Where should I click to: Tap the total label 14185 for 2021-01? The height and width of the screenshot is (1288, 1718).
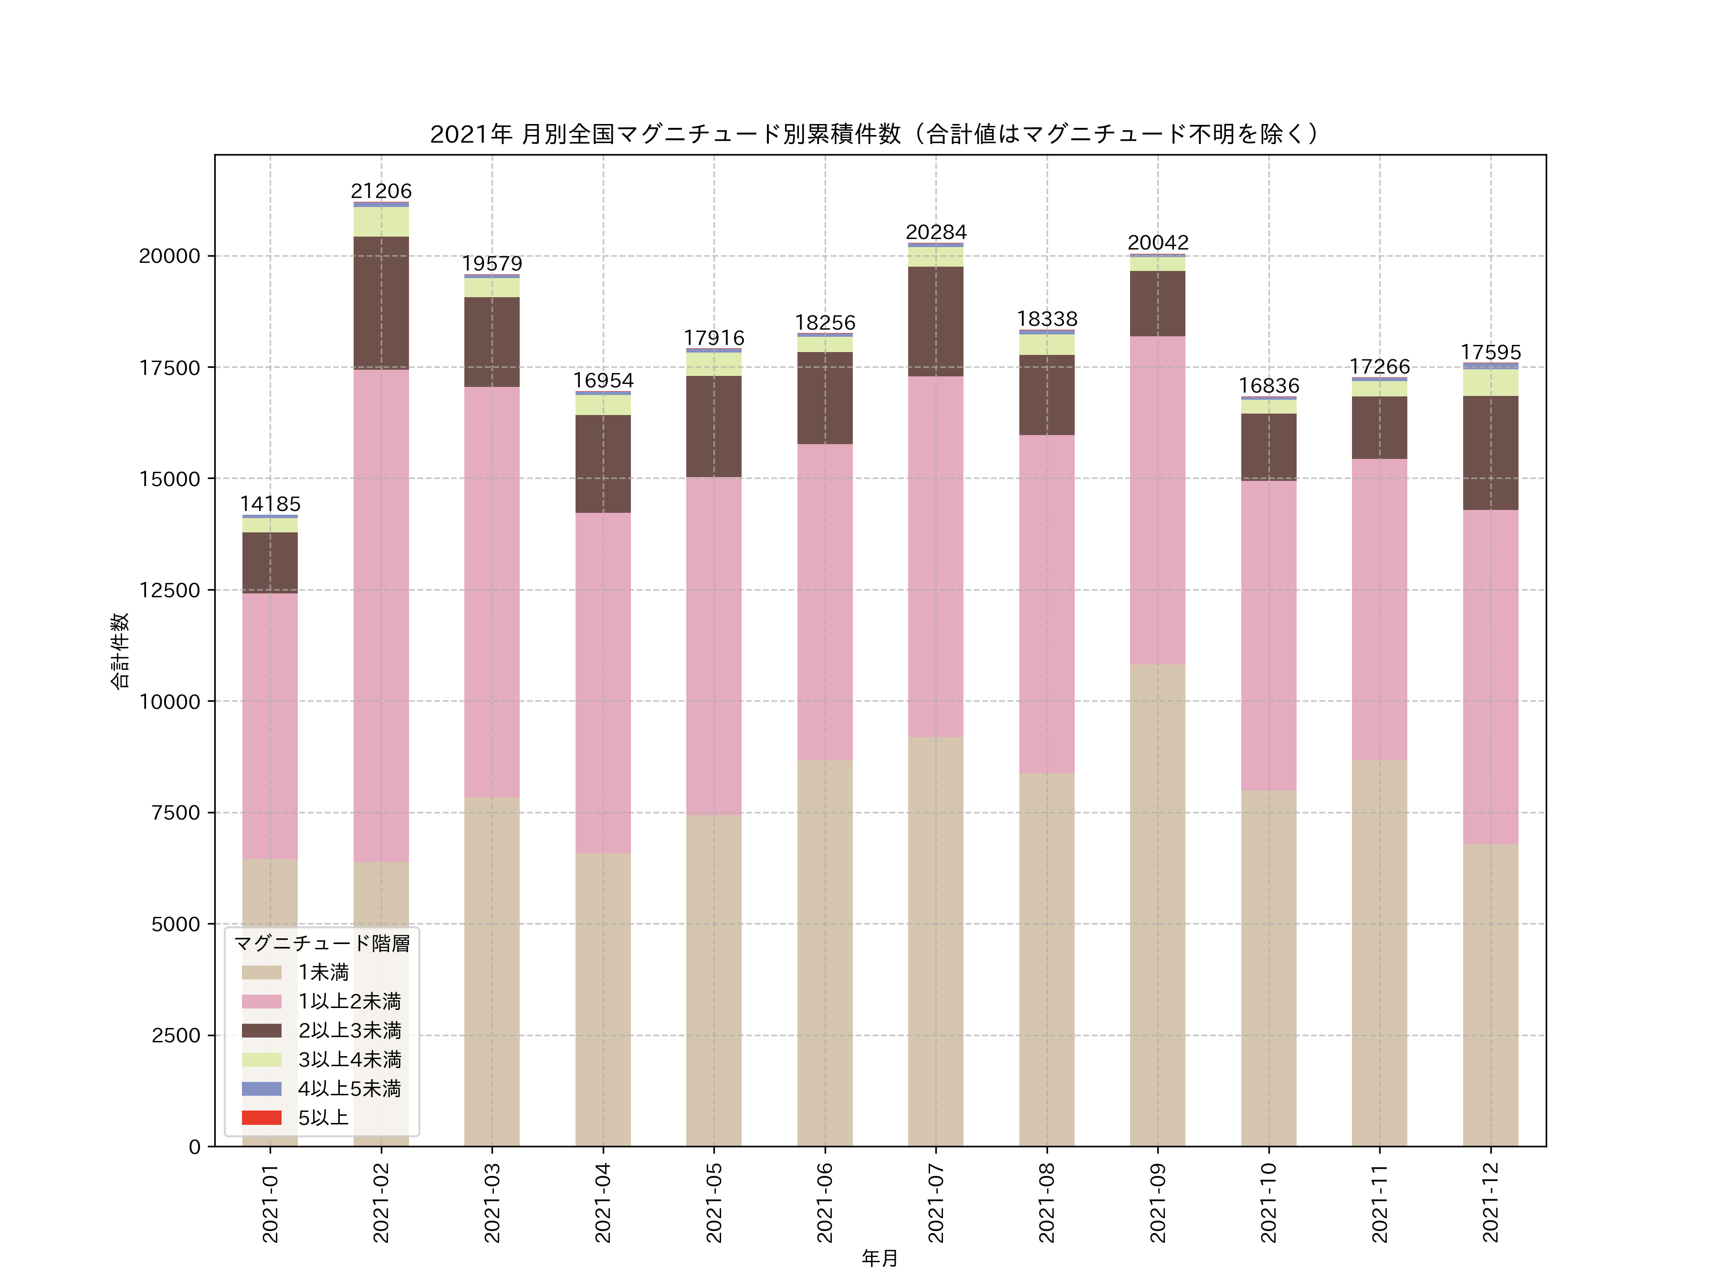[x=270, y=504]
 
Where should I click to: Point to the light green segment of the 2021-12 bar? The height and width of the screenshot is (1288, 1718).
[x=1490, y=383]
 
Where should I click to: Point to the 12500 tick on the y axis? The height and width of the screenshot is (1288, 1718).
[x=169, y=590]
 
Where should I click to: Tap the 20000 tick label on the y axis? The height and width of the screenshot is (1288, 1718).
[x=169, y=256]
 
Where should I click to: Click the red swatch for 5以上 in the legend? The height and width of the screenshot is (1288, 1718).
[x=261, y=1117]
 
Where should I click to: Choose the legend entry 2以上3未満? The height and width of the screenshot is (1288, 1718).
[x=349, y=1030]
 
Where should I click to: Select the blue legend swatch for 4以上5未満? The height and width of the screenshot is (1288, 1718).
[x=261, y=1089]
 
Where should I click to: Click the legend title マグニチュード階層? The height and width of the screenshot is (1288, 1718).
[x=322, y=943]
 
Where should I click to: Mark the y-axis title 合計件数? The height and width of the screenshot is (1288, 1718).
[x=119, y=651]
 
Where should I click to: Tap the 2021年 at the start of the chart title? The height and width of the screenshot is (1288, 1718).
[x=471, y=135]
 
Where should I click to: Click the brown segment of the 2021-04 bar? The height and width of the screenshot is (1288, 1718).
[x=603, y=464]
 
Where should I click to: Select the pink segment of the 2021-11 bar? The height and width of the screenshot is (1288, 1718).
[x=1379, y=610]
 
